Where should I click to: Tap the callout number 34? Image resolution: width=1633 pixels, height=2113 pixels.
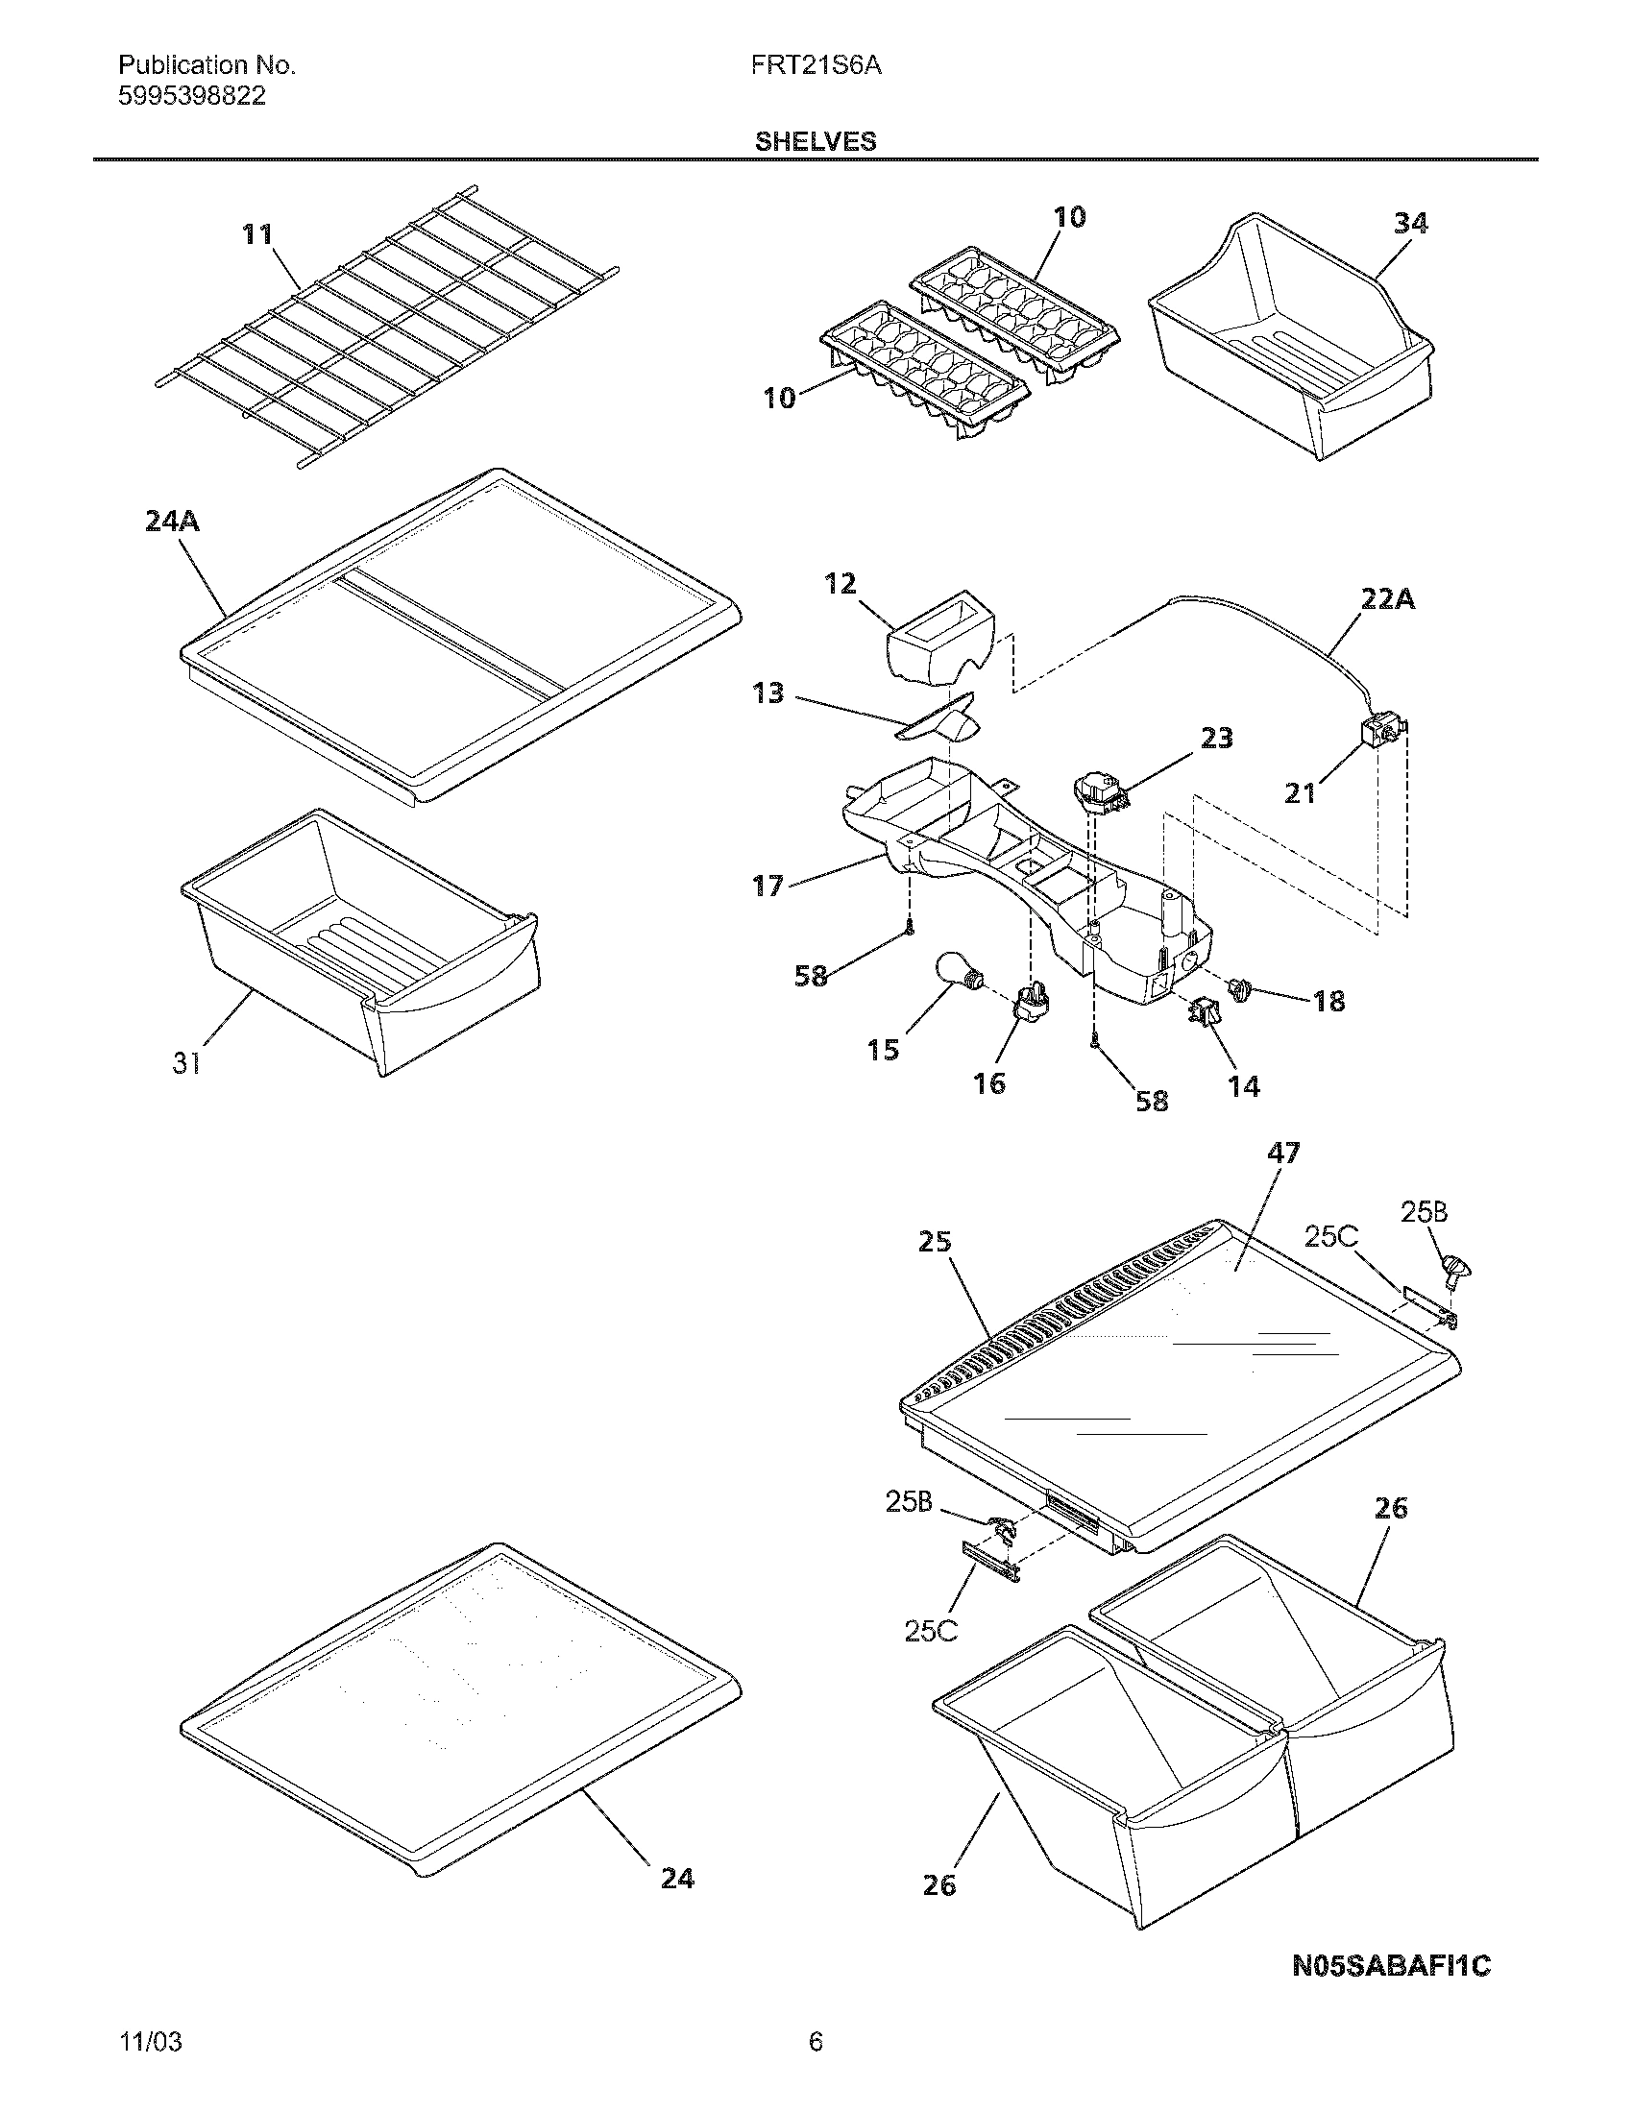[1410, 224]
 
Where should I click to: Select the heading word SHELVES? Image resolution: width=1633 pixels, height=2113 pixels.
[816, 142]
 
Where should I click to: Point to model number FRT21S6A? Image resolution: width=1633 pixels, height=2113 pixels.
[816, 65]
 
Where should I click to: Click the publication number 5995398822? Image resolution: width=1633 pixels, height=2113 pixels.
[191, 97]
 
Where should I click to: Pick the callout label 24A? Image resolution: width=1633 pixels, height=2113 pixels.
[172, 522]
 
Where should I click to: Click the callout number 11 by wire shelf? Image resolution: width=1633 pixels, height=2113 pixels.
[257, 235]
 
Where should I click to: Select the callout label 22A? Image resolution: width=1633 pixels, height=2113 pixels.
[1387, 600]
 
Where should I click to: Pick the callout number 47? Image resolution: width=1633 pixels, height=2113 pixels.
[1282, 1154]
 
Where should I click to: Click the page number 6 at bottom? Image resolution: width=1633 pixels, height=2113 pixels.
[816, 2042]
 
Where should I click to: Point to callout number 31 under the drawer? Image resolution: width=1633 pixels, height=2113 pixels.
[186, 1063]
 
